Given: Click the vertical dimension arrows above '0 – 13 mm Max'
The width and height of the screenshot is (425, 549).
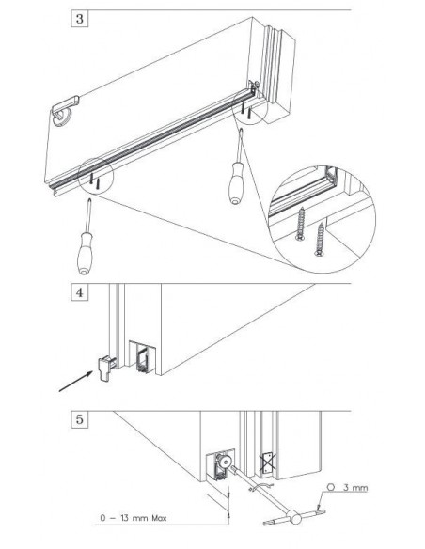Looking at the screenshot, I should [x=228, y=502].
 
